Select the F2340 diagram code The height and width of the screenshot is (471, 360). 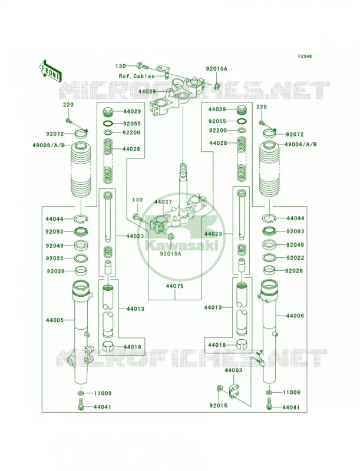click(305, 56)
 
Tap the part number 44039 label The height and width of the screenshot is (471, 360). click(147, 91)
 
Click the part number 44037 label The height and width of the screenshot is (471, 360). click(163, 202)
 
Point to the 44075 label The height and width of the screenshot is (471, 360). click(174, 286)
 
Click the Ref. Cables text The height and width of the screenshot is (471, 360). click(137, 77)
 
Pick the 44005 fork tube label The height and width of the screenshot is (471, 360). click(55, 320)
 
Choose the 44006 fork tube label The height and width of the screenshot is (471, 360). click(295, 316)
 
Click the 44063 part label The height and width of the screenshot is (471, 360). click(233, 370)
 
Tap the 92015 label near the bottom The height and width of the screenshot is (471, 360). click(219, 406)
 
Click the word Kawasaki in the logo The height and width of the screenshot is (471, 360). click(180, 246)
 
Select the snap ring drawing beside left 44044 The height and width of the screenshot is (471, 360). click(81, 219)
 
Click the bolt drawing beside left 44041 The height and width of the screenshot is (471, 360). click(81, 404)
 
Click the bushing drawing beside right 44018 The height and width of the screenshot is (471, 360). click(242, 345)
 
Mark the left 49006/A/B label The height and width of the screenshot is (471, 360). click(49, 145)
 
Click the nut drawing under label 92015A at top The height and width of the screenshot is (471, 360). click(217, 85)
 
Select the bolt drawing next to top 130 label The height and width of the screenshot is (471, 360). click(143, 65)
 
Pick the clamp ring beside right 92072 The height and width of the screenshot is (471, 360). click(269, 132)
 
